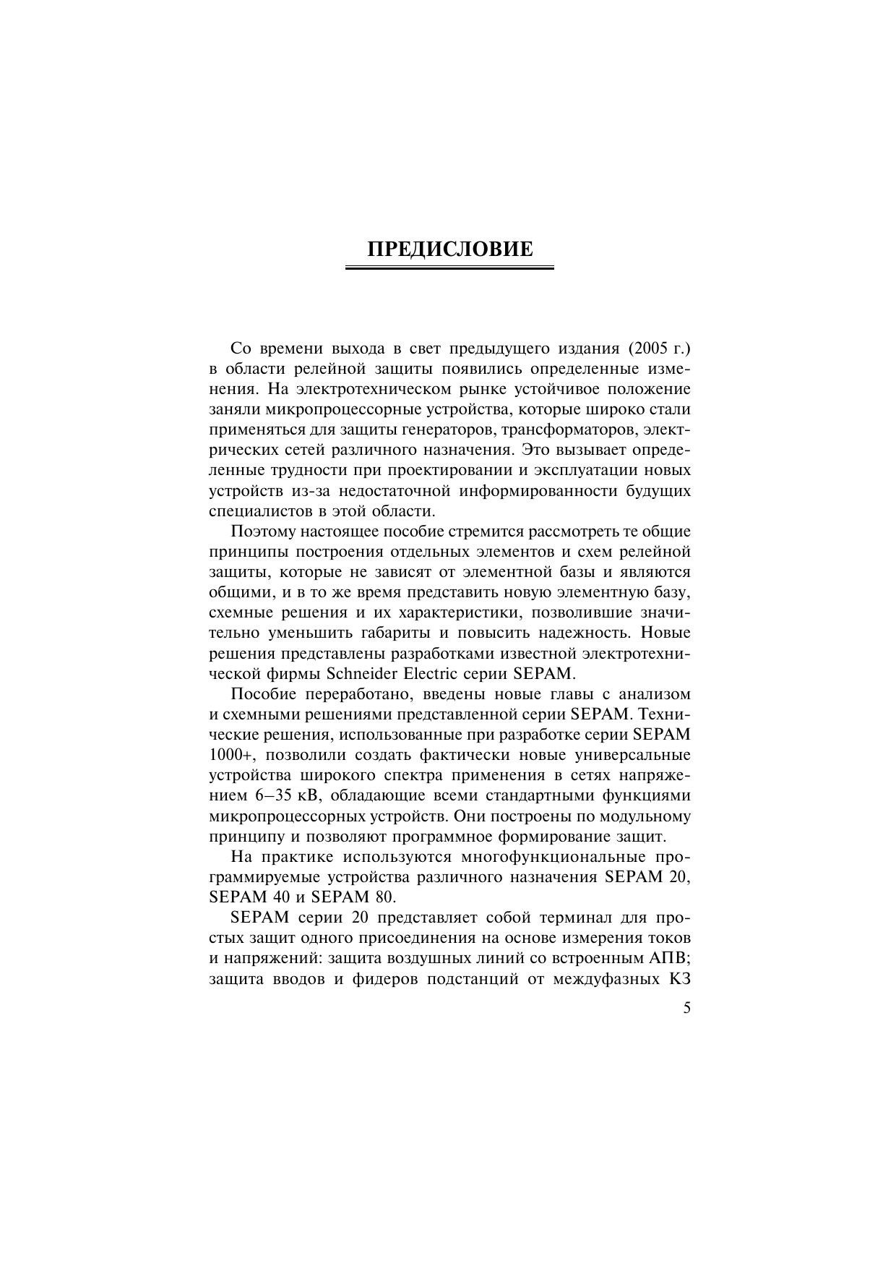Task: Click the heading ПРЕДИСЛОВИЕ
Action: pos(449,249)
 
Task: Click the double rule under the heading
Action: pos(449,268)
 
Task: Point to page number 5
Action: pos(686,1009)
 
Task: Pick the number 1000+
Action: pos(231,756)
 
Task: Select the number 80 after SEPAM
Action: pos(385,897)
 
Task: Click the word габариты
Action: pos(397,633)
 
